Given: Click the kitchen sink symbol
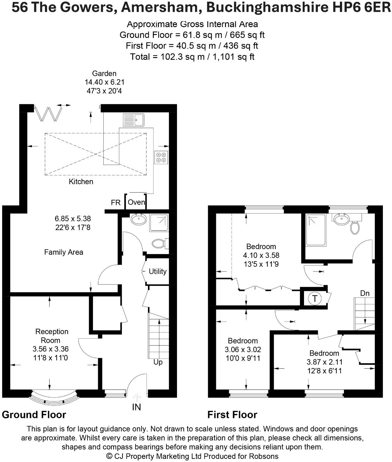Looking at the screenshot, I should point(133,120).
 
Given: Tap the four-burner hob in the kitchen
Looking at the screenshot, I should point(161,157).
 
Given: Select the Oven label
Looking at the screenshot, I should point(136,202).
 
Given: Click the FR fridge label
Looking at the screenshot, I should point(115,203).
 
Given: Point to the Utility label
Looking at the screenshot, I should point(158,271).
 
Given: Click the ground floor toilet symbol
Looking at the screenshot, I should point(159,243).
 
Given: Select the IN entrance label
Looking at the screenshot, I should point(136,407).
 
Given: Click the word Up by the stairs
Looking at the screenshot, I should point(158,362).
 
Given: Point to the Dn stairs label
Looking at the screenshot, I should point(365,293).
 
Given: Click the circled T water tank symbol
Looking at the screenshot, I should point(315,299).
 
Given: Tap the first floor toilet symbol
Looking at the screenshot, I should point(355,227).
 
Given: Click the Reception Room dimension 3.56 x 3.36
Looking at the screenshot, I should point(51,349).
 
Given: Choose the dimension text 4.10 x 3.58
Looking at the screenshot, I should point(261,255).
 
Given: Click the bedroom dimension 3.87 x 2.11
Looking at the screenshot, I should point(324,362).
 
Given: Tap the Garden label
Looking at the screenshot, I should point(104,74).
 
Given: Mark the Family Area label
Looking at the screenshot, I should point(64,252).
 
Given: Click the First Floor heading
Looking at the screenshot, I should point(232,415).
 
